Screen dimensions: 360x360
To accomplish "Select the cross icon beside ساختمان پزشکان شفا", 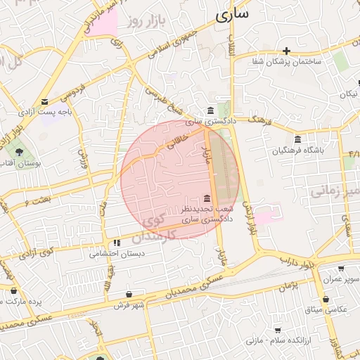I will click(x=286, y=51).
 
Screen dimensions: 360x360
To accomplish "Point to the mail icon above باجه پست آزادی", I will click(x=45, y=101).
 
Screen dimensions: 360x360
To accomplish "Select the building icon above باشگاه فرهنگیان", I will click(x=299, y=139).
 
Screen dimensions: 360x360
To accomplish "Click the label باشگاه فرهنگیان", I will click(x=299, y=150).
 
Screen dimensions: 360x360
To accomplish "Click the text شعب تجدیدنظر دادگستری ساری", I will click(x=205, y=214).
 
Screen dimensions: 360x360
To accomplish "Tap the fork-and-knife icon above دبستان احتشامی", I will click(x=116, y=243).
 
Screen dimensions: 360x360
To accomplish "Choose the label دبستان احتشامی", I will click(x=116, y=255).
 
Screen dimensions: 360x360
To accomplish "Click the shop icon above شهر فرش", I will click(x=129, y=294).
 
